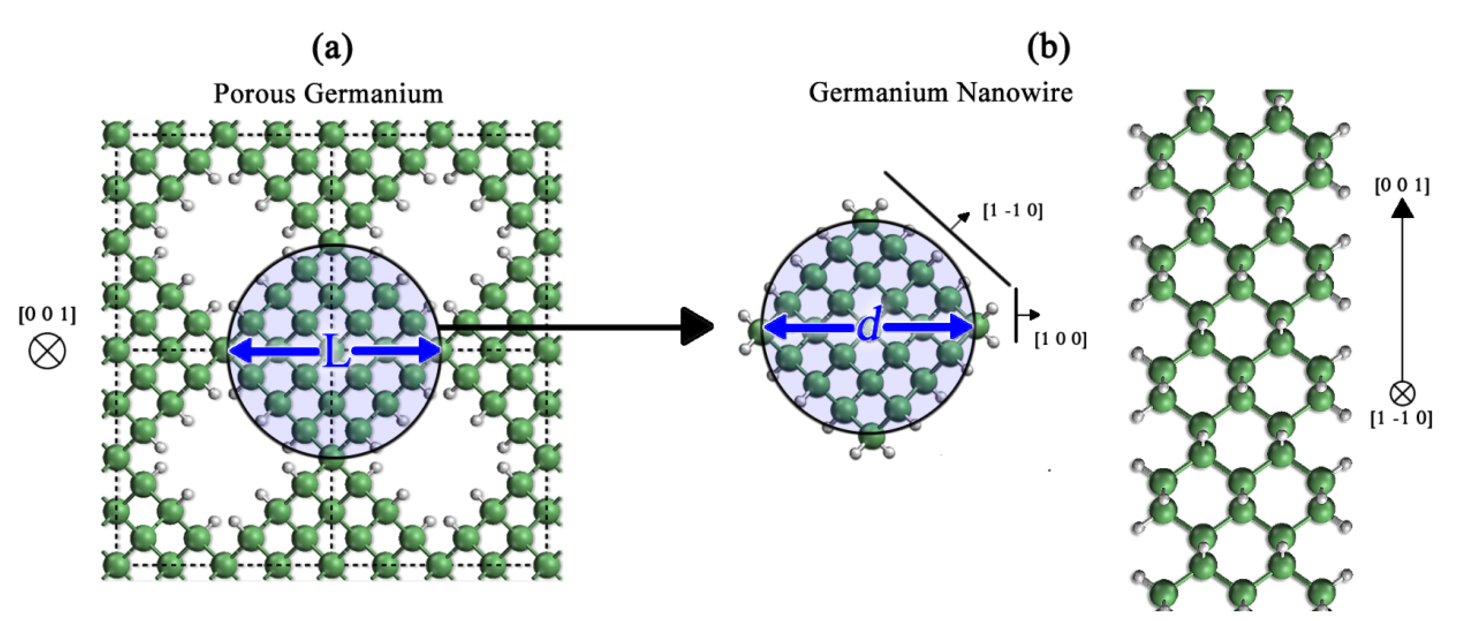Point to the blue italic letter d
click(x=869, y=326)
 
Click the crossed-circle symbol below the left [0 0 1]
click(x=47, y=351)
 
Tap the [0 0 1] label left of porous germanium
click(x=47, y=314)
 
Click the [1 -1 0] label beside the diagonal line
click(x=1012, y=211)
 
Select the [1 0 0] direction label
click(x=1060, y=339)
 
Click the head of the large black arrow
click(x=697, y=326)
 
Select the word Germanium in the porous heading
click(x=373, y=94)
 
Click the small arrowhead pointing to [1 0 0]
click(x=1035, y=314)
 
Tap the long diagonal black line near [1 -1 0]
click(x=947, y=228)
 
